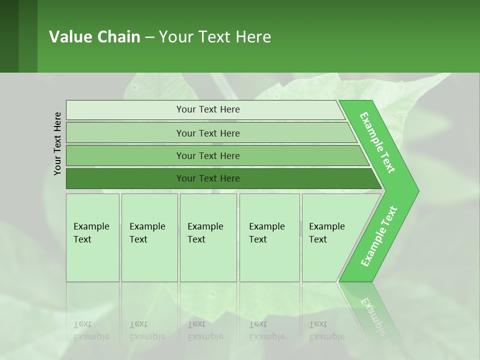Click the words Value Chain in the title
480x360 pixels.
click(x=94, y=37)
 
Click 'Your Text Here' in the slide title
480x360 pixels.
click(x=215, y=37)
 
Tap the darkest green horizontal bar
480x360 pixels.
click(x=125, y=178)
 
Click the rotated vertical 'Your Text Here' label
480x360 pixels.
click(x=57, y=143)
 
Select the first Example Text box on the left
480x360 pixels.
click(x=92, y=237)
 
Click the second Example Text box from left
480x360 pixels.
click(x=149, y=237)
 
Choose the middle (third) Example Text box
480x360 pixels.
click(x=208, y=237)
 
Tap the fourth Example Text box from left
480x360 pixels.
click(x=269, y=237)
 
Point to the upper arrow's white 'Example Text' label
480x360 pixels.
click(x=377, y=142)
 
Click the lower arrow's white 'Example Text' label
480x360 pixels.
click(x=379, y=236)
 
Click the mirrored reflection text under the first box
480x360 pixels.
click(x=91, y=330)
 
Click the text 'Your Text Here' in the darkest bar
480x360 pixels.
click(x=208, y=178)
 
